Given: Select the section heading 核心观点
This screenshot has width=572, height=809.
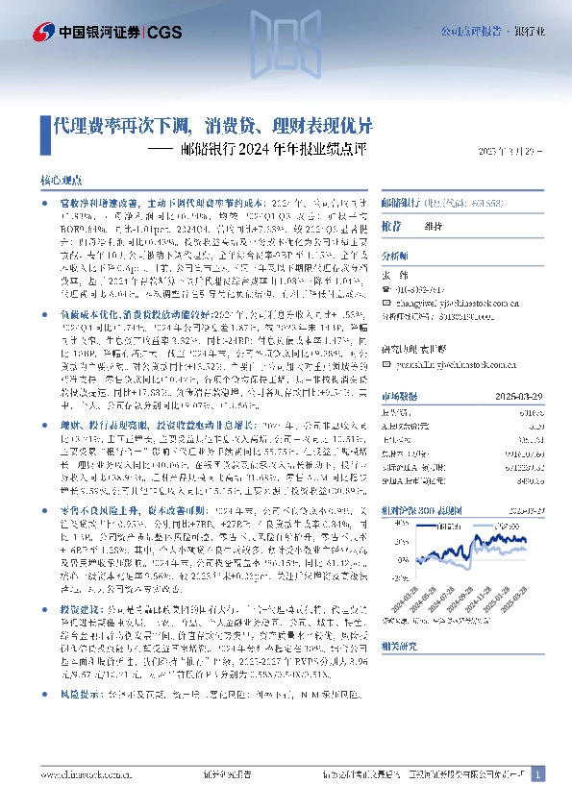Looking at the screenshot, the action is pyautogui.click(x=62, y=180).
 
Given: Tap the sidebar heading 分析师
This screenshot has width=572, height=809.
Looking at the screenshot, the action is pyautogui.click(x=395, y=257).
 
